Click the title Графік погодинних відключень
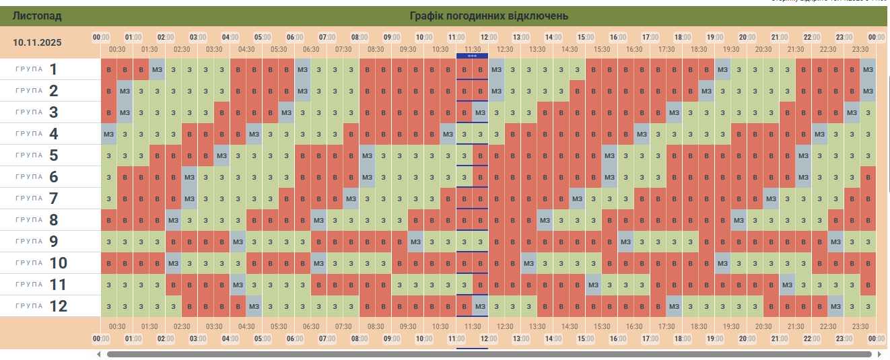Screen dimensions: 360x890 [489, 16]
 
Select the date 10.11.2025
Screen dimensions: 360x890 [37, 42]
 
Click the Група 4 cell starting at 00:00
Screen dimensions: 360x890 [109, 134]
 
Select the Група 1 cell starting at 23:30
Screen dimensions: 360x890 [868, 69]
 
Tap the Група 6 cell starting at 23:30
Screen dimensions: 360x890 [868, 177]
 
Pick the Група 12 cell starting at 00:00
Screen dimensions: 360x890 [109, 306]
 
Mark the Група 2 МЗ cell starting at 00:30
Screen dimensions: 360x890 [125, 91]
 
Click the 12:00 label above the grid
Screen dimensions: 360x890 [489, 37]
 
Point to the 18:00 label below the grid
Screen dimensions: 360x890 [683, 338]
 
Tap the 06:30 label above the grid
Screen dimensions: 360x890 [311, 49]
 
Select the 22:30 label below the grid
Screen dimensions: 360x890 [828, 326]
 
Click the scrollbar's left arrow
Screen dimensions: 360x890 [99, 354]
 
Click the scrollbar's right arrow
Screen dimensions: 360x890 [879, 354]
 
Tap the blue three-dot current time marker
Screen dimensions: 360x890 [472, 56]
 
